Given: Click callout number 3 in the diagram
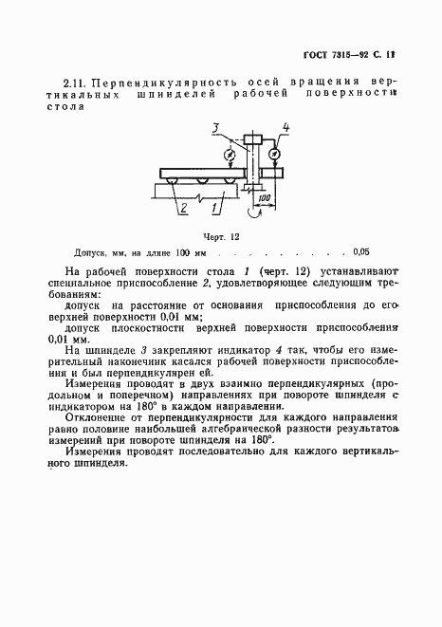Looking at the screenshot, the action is (x=216, y=128).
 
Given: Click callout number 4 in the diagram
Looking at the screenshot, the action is (x=286, y=128).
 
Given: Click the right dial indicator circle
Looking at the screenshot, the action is (x=273, y=152).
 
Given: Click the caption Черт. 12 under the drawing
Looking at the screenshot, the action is (x=221, y=235).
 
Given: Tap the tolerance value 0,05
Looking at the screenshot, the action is (x=361, y=253).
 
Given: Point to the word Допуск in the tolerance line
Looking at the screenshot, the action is (x=90, y=253).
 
